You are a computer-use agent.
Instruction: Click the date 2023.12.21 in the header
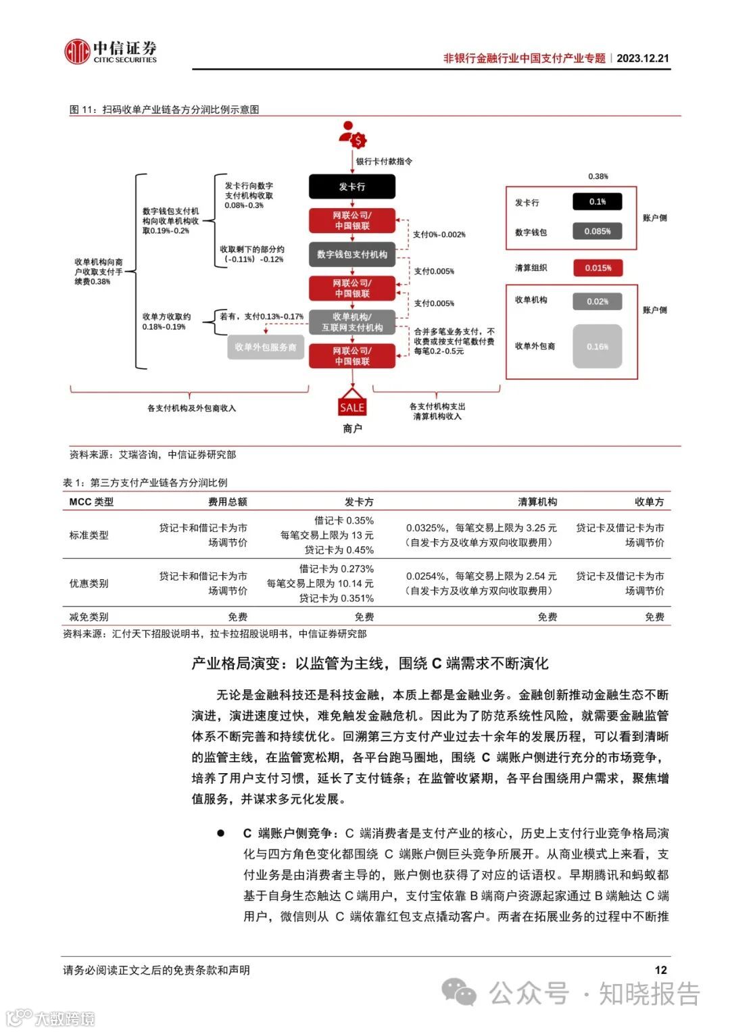[x=642, y=58]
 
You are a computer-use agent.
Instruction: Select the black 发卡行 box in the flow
[x=352, y=187]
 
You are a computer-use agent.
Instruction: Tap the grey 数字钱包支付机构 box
[x=352, y=254]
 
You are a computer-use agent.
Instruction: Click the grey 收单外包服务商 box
[x=266, y=347]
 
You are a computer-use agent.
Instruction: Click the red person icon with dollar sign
[x=351, y=135]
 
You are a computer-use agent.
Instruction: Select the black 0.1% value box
[x=598, y=201]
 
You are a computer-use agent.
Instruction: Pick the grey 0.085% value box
[x=598, y=231]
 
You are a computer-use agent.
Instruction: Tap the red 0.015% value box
[x=598, y=268]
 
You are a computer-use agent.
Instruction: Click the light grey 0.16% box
[x=598, y=346]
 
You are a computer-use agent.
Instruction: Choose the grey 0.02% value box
[x=598, y=301]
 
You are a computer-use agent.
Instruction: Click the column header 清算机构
[x=537, y=501]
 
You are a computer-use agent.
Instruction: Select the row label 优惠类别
[x=89, y=583]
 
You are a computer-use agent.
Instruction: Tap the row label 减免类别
[x=89, y=616]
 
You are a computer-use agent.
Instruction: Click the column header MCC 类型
[x=91, y=501]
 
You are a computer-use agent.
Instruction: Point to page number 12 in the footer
[x=660, y=970]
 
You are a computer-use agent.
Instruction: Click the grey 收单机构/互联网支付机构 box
[x=352, y=322]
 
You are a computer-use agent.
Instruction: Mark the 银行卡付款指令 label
[x=384, y=162]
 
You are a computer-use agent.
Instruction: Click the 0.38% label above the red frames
[x=598, y=176]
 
